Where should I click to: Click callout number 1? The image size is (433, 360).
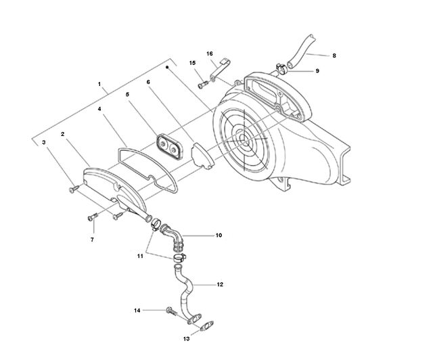click(x=99, y=84)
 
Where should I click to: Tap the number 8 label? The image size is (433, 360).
click(x=334, y=55)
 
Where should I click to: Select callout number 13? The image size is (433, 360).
click(x=187, y=339)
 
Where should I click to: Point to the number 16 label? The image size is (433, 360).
click(x=210, y=53)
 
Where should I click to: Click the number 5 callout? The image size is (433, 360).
click(x=127, y=95)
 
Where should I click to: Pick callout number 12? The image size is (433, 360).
click(x=220, y=284)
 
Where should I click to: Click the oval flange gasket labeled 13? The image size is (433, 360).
click(x=208, y=326)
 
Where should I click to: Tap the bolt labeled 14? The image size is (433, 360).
click(x=171, y=312)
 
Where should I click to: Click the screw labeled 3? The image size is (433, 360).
click(x=74, y=189)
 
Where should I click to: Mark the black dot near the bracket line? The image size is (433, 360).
click(x=167, y=67)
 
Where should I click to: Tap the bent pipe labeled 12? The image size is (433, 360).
click(x=185, y=293)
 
